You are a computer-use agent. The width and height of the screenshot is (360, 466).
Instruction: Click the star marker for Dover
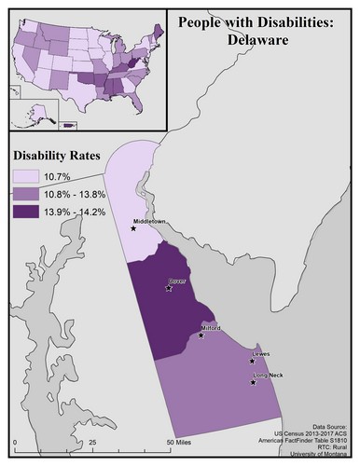(x=168, y=289)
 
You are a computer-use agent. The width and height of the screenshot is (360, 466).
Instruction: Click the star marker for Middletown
(x=133, y=230)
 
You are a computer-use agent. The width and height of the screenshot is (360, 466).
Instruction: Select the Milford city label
(x=214, y=329)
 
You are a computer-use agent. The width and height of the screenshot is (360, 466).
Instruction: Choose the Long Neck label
(x=269, y=375)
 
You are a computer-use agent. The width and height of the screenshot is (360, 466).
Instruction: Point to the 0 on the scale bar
(x=15, y=441)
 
